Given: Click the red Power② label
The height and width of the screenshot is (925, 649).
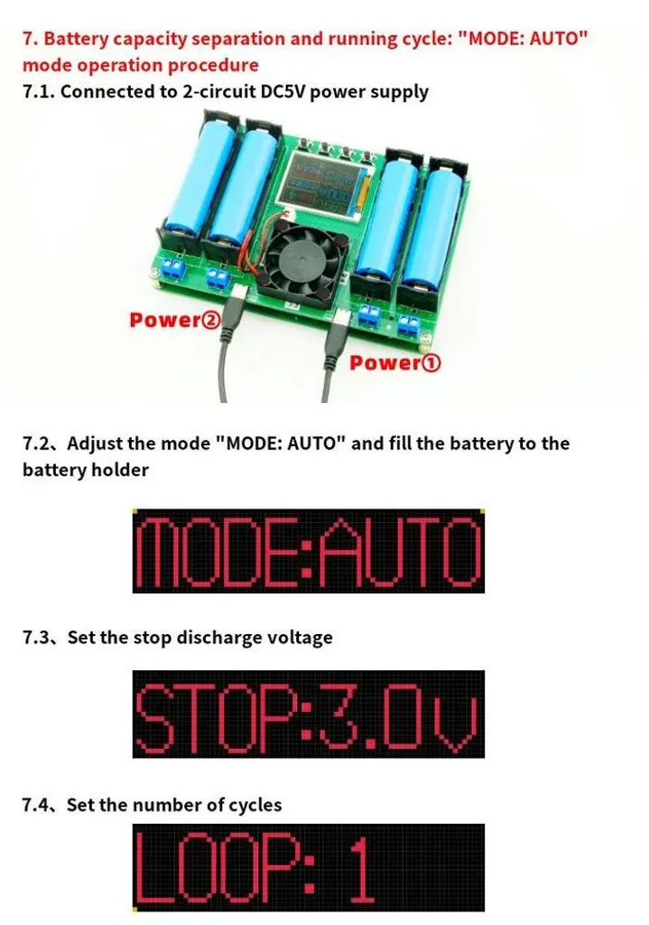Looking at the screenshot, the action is click(175, 321).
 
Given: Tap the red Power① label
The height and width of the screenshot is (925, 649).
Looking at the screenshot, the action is click(395, 363).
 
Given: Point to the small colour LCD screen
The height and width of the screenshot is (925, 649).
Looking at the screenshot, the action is click(320, 183).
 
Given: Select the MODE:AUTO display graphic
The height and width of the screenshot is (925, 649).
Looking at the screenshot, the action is click(309, 551).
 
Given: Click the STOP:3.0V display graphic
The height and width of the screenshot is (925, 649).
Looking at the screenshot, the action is click(309, 714).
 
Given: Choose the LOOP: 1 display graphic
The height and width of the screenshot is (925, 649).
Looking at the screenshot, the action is click(309, 868).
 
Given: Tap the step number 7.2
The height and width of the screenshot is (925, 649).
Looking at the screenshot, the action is click(38, 443).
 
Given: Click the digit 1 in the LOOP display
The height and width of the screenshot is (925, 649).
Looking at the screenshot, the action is click(360, 867).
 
